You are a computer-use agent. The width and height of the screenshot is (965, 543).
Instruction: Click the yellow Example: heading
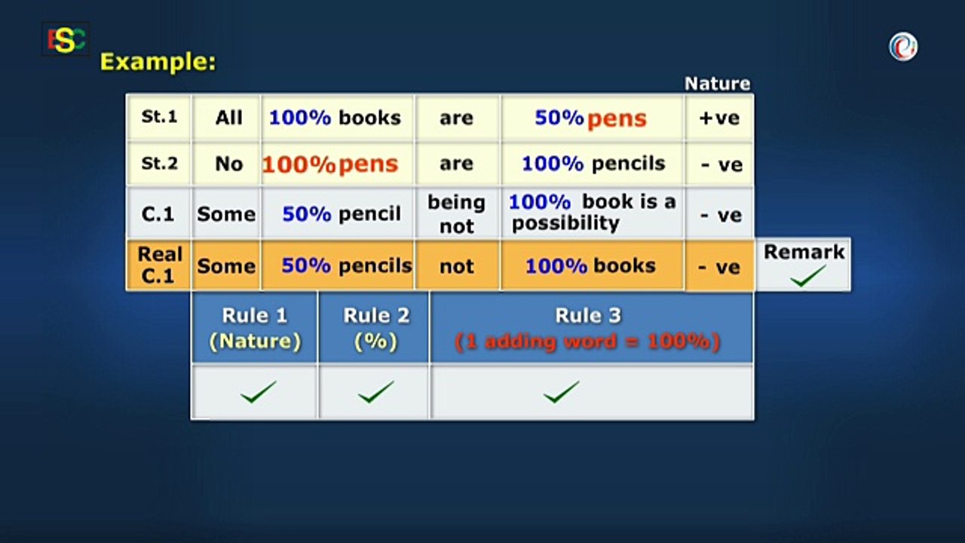pyautogui.click(x=158, y=62)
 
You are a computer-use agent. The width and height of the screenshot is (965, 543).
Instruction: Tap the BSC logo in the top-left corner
pyautogui.click(x=66, y=39)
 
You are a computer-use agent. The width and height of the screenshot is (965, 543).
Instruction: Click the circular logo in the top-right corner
pyautogui.click(x=902, y=47)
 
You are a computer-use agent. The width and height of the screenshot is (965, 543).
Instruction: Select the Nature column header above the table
pyautogui.click(x=717, y=84)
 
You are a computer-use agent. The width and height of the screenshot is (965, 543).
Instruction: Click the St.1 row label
pyautogui.click(x=159, y=117)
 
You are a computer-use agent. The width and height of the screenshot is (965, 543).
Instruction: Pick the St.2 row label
pyautogui.click(x=159, y=163)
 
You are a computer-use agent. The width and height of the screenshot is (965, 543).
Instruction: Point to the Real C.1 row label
pyautogui.click(x=159, y=265)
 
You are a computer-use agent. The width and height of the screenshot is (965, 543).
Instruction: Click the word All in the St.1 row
pyautogui.click(x=228, y=118)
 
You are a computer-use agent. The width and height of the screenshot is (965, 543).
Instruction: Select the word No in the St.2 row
pyautogui.click(x=228, y=164)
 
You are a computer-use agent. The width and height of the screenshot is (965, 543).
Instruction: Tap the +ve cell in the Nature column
pyautogui.click(x=719, y=118)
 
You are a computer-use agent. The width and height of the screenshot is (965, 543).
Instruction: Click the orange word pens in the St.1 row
pyautogui.click(x=617, y=118)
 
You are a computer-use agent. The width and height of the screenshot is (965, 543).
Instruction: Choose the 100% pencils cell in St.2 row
pyautogui.click(x=593, y=164)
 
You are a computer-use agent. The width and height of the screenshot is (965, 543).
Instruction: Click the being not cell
pyautogui.click(x=456, y=214)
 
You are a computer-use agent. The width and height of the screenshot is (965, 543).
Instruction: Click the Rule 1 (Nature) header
pyautogui.click(x=255, y=328)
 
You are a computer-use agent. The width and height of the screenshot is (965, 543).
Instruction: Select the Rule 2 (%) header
pyautogui.click(x=375, y=328)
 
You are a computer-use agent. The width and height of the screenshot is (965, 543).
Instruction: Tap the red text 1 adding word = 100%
pyautogui.click(x=587, y=342)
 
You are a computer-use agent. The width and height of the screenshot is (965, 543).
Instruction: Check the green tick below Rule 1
pyautogui.click(x=258, y=392)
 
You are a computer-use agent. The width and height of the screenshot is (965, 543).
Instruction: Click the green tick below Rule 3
pyautogui.click(x=561, y=392)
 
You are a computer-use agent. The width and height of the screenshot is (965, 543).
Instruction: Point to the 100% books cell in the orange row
pyautogui.click(x=590, y=265)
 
